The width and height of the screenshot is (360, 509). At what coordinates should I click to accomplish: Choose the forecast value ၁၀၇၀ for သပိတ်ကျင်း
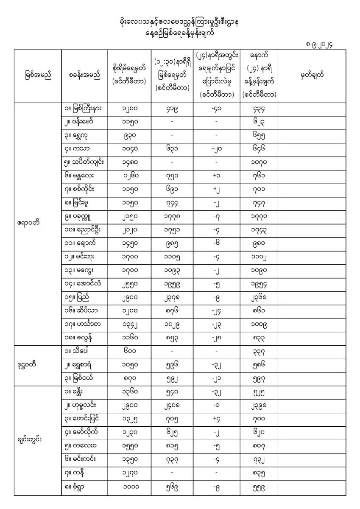point(260,162)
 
